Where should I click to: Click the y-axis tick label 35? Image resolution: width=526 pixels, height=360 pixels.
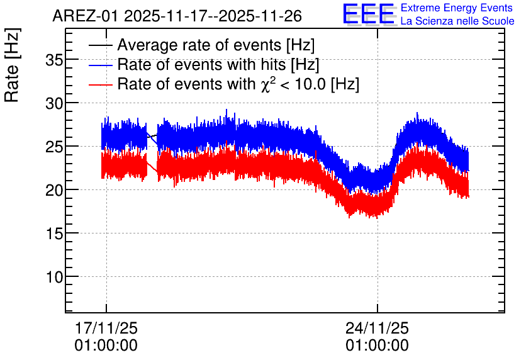click(x=54, y=60)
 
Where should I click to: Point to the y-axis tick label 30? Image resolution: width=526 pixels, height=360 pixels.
click(x=54, y=104)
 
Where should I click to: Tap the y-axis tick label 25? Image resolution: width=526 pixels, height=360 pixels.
click(x=54, y=147)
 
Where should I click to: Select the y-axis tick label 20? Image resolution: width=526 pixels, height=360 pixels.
click(x=54, y=190)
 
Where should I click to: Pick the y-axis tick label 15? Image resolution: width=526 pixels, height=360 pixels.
click(x=54, y=234)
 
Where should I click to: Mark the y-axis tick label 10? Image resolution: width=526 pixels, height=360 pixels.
click(x=54, y=277)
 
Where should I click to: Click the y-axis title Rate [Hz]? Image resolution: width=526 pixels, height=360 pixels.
click(x=12, y=65)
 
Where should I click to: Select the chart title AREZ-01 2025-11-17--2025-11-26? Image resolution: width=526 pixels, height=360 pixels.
click(x=177, y=16)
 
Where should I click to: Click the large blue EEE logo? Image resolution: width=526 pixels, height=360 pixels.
click(x=368, y=14)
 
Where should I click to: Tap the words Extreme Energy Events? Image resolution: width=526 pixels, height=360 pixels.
click(x=457, y=8)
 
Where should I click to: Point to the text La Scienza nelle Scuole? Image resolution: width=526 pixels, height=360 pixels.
click(x=457, y=21)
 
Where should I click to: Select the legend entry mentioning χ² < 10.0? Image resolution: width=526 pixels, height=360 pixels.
click(x=238, y=84)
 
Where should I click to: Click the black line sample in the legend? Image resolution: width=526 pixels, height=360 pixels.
click(x=100, y=45)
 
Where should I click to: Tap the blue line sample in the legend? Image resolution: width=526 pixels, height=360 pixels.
click(x=100, y=65)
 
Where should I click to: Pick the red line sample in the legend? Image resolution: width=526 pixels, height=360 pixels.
click(x=100, y=84)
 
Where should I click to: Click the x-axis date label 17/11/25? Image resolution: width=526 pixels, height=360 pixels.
click(x=106, y=328)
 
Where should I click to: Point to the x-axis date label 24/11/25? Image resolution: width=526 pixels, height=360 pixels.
click(x=377, y=328)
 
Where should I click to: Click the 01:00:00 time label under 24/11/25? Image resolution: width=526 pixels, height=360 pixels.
click(x=377, y=346)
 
